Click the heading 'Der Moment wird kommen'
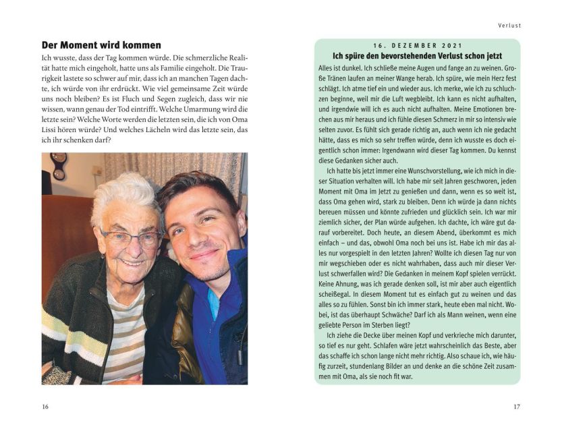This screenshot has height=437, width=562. [101, 45]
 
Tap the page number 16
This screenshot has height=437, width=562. [45, 406]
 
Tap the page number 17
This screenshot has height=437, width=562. [517, 406]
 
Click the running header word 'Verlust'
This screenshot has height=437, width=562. [510, 26]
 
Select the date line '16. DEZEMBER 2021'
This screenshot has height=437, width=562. [417, 45]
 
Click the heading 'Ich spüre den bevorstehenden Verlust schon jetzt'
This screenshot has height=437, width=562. [417, 55]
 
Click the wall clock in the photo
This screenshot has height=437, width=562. [59, 165]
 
